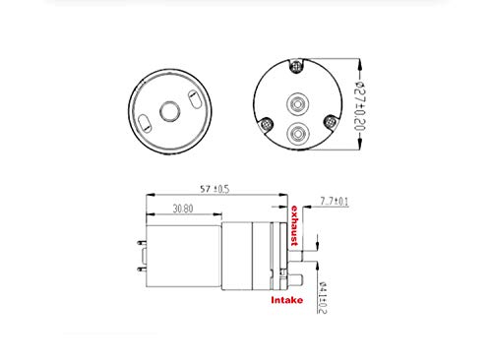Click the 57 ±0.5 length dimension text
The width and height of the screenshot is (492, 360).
click(x=215, y=189)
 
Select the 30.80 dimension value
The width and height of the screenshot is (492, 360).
click(x=183, y=209)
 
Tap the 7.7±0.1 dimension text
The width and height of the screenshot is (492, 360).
click(x=335, y=201)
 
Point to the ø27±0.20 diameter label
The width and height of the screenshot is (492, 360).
click(x=360, y=106)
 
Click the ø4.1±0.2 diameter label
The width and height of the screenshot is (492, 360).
click(x=322, y=297)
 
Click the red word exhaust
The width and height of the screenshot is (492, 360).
click(x=294, y=225)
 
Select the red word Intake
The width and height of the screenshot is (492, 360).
click(x=287, y=300)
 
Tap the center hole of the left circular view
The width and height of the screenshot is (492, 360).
click(x=169, y=111)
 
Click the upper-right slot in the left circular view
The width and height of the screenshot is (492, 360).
click(x=194, y=99)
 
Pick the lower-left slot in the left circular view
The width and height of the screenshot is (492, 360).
click(x=145, y=123)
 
